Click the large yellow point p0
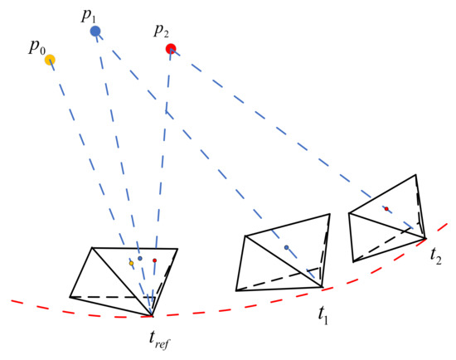point(50,59)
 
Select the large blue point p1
point(95,31)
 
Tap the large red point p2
point(171,49)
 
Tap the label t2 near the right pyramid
point(435,257)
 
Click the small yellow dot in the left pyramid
point(131,263)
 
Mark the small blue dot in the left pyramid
point(140,258)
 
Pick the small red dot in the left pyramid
point(154,260)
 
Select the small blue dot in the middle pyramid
point(286,247)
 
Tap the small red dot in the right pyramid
point(386,208)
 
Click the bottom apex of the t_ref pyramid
point(152,316)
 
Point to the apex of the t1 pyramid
point(322,287)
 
